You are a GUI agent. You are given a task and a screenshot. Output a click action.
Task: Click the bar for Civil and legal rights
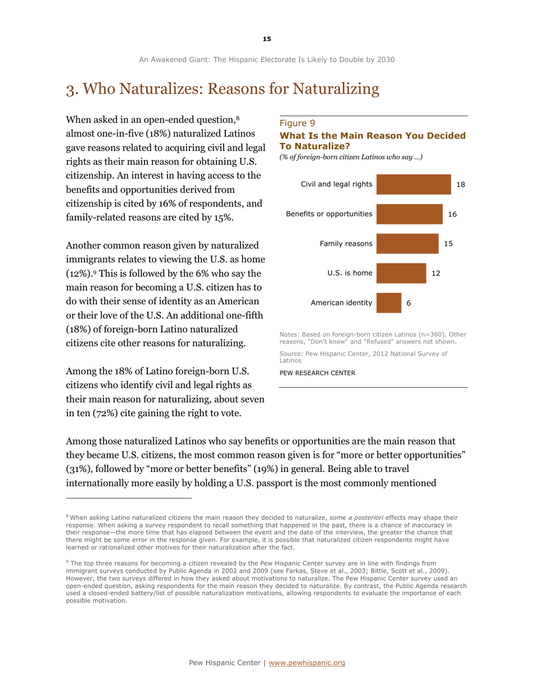click(x=413, y=185)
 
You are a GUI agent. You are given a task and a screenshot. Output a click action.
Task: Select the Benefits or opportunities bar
click(x=409, y=214)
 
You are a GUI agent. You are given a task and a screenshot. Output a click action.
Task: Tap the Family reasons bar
click(x=407, y=244)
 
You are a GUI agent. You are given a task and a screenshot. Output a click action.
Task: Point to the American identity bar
click(x=388, y=303)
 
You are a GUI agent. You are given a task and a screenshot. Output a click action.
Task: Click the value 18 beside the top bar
click(x=461, y=185)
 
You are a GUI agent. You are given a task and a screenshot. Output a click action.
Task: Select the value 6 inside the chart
click(x=409, y=303)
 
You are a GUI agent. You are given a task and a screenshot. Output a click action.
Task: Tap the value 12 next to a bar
click(x=435, y=273)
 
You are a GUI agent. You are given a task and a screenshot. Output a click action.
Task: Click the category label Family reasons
click(x=346, y=244)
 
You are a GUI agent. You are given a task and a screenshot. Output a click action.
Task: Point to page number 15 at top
click(x=266, y=39)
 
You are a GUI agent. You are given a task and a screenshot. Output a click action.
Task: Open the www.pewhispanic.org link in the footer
click(x=307, y=663)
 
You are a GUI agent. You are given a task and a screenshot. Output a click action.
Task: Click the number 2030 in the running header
click(x=385, y=59)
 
